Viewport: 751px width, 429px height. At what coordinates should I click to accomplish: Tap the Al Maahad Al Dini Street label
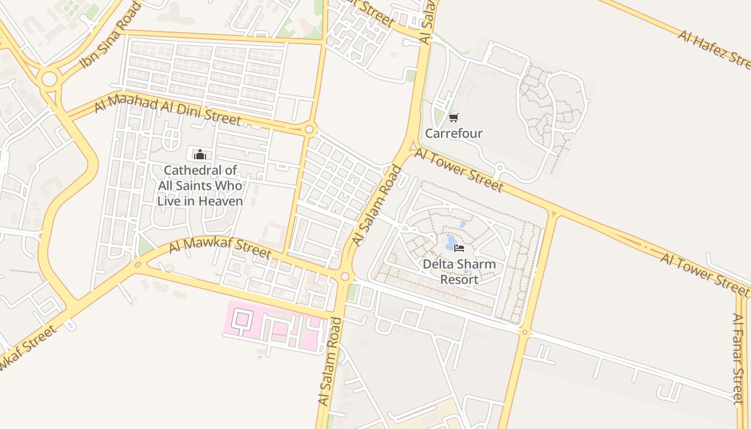tap(167, 110)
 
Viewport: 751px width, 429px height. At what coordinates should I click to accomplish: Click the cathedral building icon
tap(200, 155)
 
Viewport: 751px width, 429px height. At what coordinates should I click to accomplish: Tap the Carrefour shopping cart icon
tap(454, 118)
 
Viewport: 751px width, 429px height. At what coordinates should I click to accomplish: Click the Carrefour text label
tap(454, 133)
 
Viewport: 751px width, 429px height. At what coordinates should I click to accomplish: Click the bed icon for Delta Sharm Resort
tap(459, 248)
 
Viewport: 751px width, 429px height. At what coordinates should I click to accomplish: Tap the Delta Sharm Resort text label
tap(459, 272)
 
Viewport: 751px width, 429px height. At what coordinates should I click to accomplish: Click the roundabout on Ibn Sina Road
tap(49, 79)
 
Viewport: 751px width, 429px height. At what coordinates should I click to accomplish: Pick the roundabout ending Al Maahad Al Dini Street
tap(309, 129)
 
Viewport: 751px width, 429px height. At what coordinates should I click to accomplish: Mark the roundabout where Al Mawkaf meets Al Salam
tap(345, 277)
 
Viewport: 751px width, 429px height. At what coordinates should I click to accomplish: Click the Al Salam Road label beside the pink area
tap(330, 361)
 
